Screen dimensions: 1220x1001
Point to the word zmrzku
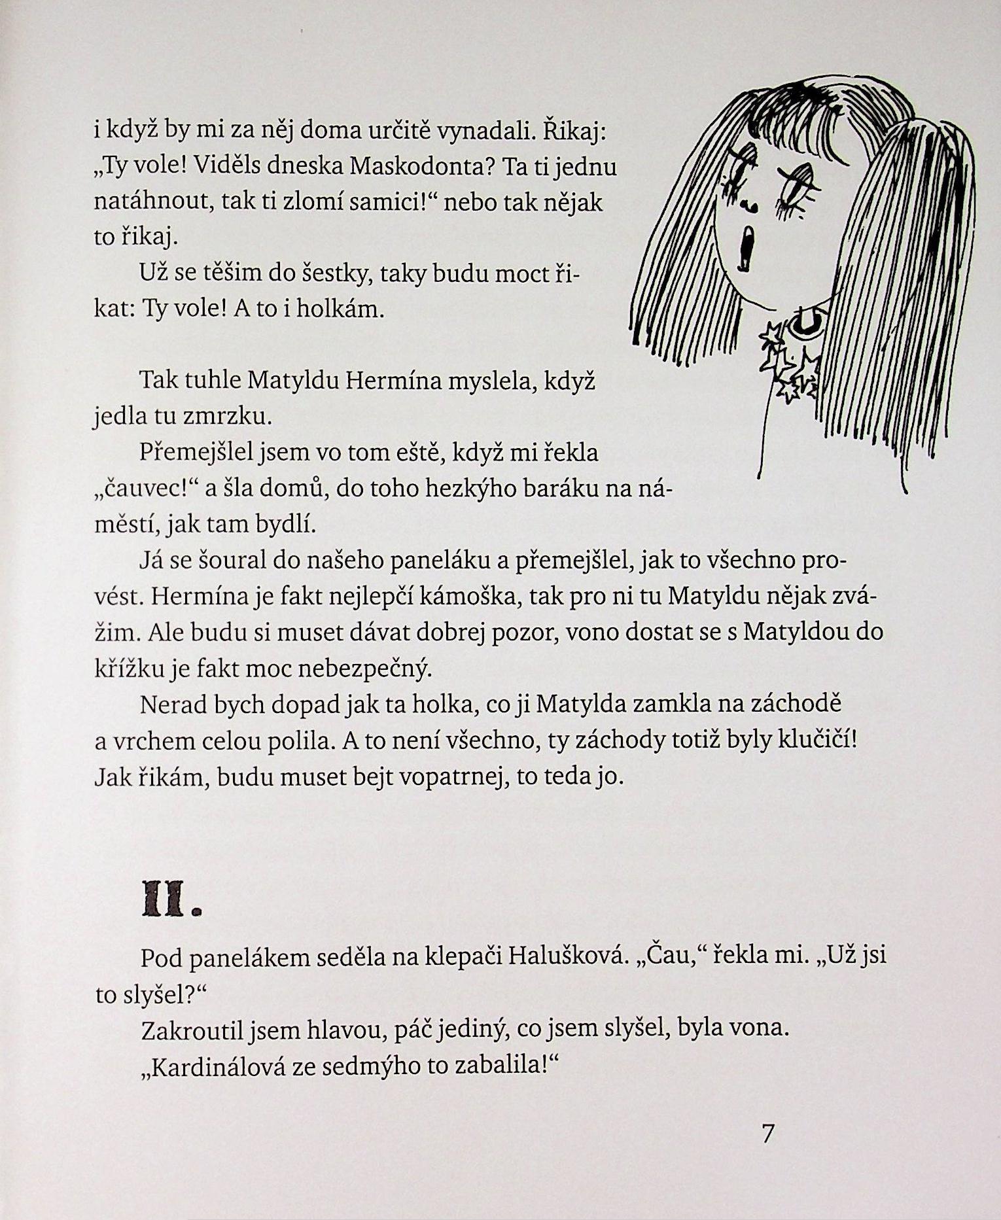tap(227, 417)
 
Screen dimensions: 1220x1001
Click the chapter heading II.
tap(170, 902)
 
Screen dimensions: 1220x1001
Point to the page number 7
tap(768, 1133)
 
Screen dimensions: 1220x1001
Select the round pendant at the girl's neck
tap(803, 322)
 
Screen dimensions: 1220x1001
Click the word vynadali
tap(479, 132)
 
